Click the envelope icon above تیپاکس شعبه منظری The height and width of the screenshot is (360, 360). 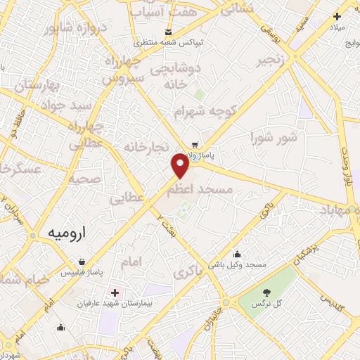click(x=168, y=32)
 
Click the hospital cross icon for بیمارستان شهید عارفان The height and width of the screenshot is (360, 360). click(x=115, y=292)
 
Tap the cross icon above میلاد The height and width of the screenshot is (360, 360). click(x=337, y=16)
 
